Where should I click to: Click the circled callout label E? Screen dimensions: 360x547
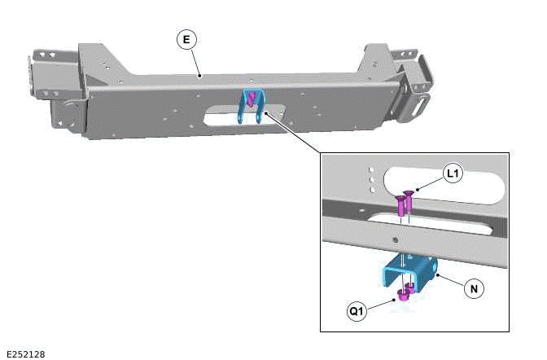coord(186,39)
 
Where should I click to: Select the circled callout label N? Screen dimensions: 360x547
coord(472,288)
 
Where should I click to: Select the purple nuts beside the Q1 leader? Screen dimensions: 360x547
coord(405,291)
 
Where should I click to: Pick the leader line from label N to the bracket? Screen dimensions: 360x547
coord(449,281)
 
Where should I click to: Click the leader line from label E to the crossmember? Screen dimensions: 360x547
coord(193,59)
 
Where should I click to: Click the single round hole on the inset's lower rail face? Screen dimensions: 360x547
coord(395,240)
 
